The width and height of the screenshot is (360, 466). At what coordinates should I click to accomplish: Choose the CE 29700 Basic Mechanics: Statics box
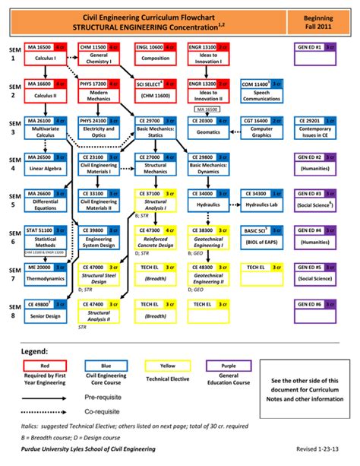[x=156, y=125]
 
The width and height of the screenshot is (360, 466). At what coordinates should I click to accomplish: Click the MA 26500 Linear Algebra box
[x=46, y=162]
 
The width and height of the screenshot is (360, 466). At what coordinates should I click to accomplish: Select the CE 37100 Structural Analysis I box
[x=156, y=199]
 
